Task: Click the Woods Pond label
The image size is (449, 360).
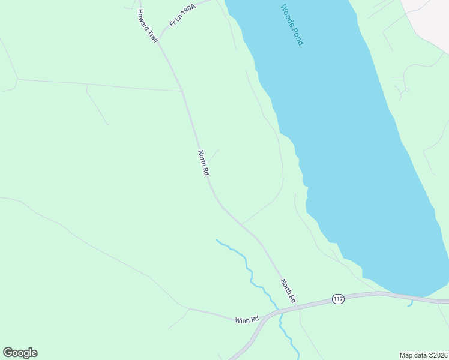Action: point(292,25)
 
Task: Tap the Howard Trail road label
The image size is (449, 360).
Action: point(147,25)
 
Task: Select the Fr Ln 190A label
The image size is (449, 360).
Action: point(183,14)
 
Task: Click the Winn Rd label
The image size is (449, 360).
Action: point(247,319)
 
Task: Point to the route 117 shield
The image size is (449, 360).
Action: point(338,299)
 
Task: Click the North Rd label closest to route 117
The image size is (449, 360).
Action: point(288,290)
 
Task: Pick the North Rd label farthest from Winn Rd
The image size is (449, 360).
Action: point(203,163)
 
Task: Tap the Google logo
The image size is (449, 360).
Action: point(20,353)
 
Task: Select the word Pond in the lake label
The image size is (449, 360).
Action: point(298,36)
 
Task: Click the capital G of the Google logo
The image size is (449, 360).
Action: point(8,353)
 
